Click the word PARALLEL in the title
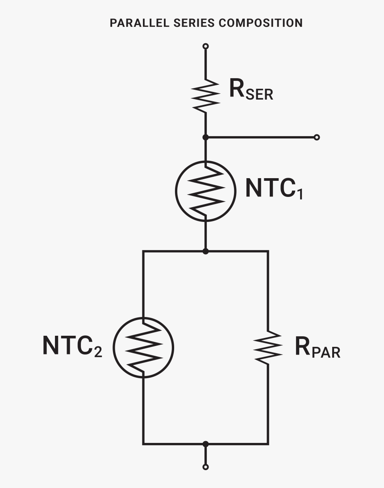(x=134, y=23)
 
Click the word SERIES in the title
(x=192, y=23)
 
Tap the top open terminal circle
(x=205, y=46)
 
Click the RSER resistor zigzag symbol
(x=205, y=95)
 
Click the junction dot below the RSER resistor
(x=205, y=137)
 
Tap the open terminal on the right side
(x=317, y=137)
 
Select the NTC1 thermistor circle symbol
(x=205, y=191)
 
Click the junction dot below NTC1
(x=205, y=251)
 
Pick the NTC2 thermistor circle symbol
(x=143, y=347)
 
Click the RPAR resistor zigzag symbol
(x=268, y=347)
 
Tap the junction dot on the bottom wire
(x=205, y=444)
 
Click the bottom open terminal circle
(x=205, y=467)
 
